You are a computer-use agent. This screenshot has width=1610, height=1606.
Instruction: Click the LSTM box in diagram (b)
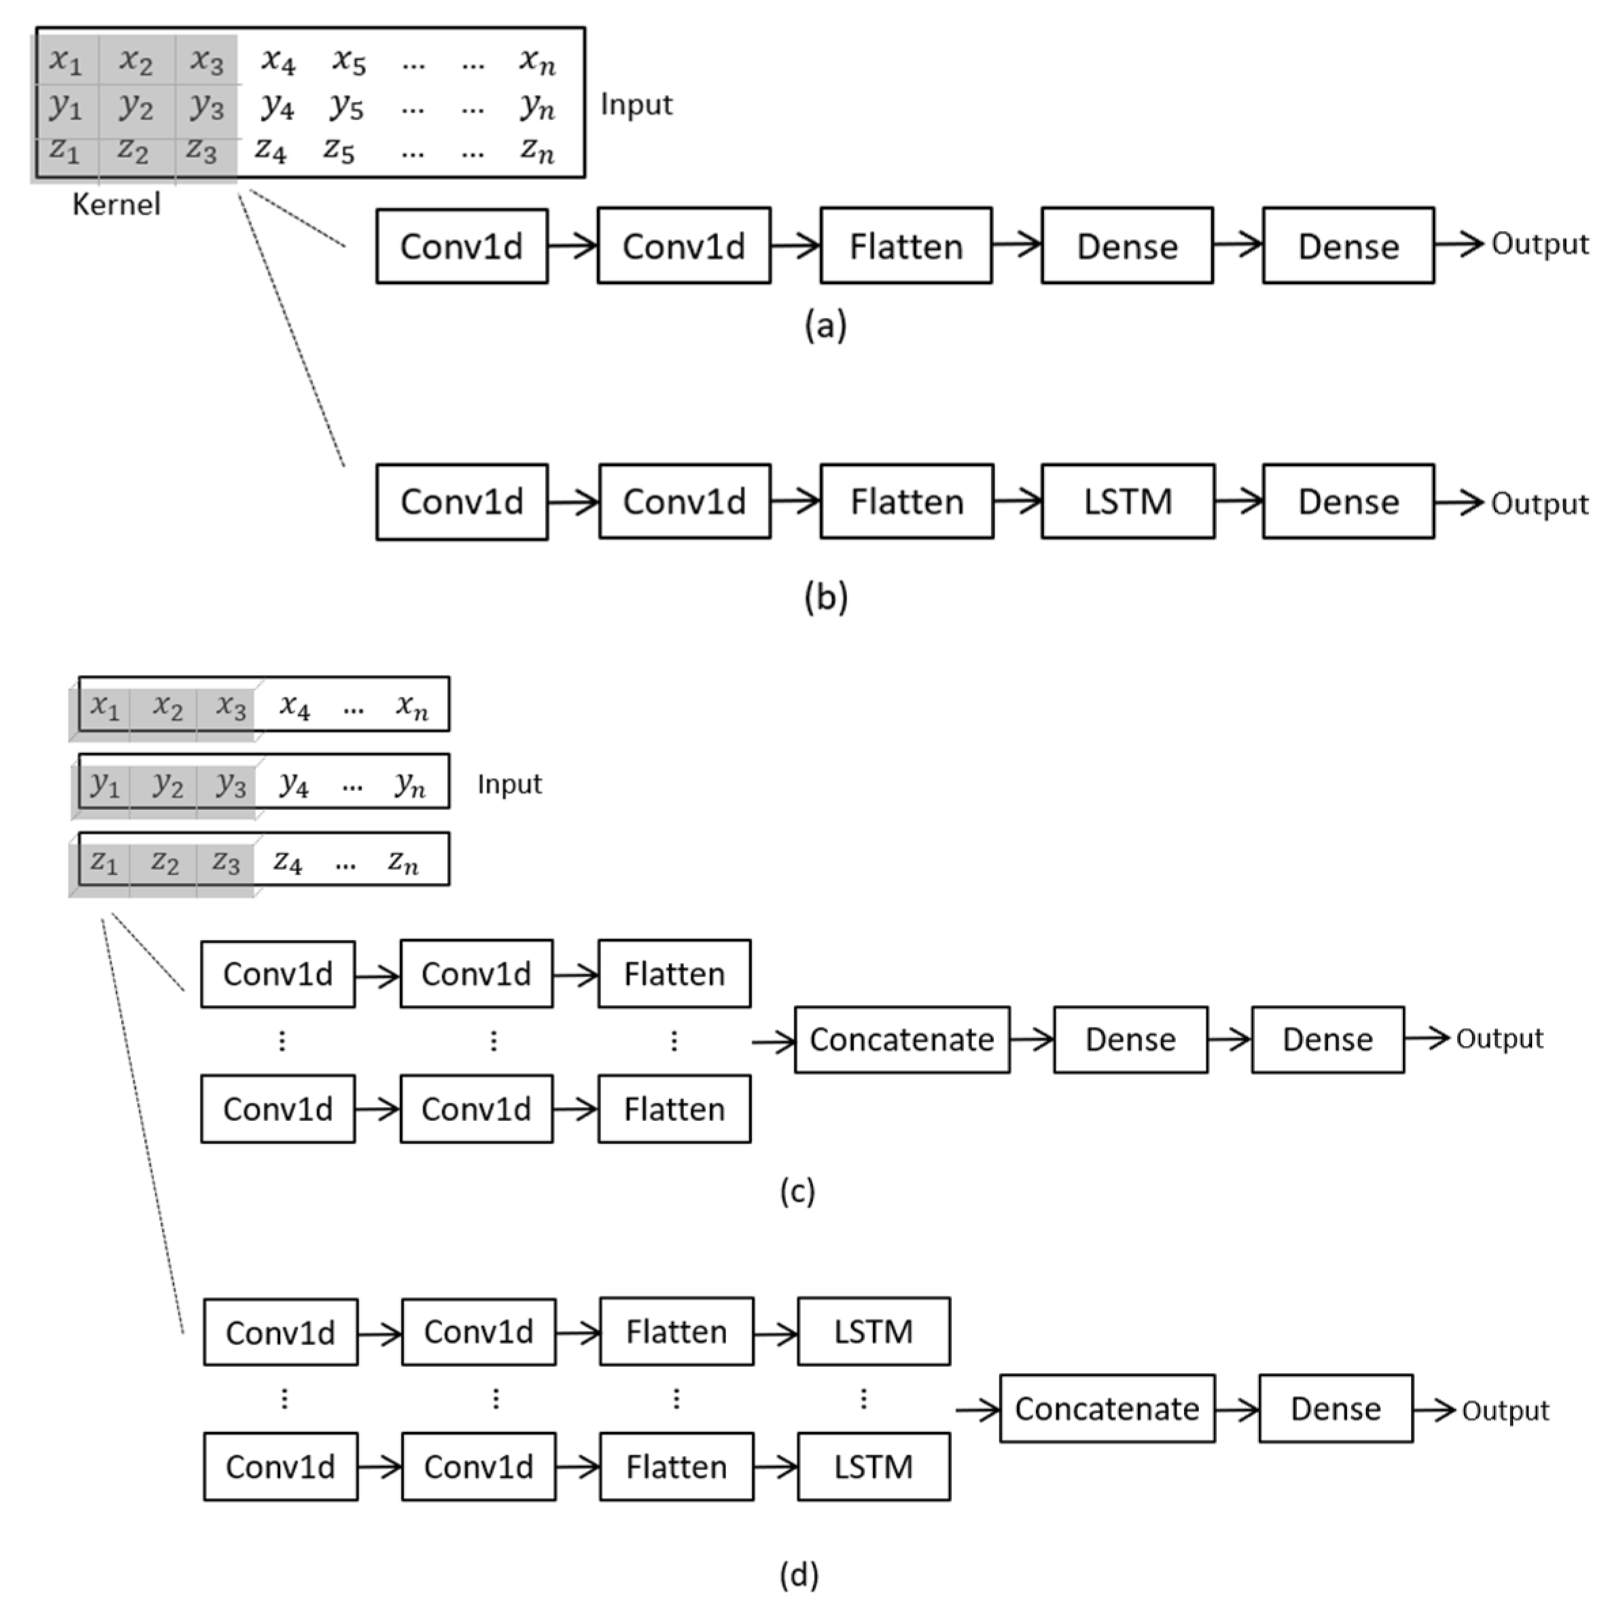point(1128,501)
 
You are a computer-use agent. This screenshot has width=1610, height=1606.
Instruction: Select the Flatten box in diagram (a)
point(906,246)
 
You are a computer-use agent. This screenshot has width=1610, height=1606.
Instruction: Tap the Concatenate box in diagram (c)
point(901,1040)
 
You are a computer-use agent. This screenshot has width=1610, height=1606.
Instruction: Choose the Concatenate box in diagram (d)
point(1107,1408)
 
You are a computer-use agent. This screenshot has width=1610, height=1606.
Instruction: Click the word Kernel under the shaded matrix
point(116,204)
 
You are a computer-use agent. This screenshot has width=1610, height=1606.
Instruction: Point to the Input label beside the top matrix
point(636,105)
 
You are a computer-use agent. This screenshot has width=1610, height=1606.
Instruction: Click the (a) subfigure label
point(825,325)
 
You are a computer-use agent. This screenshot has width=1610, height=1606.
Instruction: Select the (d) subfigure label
point(798,1574)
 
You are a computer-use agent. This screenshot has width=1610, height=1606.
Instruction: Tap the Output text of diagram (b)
point(1539,503)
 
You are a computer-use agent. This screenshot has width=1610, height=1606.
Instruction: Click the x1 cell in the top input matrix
point(66,61)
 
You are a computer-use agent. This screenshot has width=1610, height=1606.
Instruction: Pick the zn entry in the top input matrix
point(537,150)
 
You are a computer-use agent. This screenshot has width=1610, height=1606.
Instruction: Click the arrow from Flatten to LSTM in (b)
point(1018,501)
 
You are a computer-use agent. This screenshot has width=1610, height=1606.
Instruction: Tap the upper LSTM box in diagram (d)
point(874,1331)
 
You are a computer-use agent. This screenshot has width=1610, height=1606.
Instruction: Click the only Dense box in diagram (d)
point(1335,1408)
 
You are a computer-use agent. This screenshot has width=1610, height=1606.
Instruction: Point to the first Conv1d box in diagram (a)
point(462,246)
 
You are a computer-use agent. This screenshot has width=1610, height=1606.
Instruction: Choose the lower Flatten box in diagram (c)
point(674,1109)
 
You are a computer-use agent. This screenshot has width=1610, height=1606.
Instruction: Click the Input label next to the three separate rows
point(509,784)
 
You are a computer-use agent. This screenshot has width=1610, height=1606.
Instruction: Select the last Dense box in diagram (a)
point(1348,246)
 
